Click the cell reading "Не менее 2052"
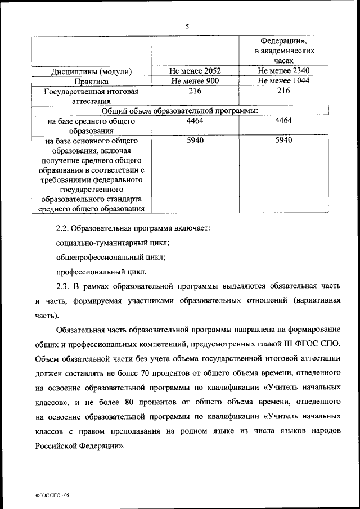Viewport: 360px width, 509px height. (195, 71)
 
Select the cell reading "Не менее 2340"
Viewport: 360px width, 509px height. (283, 71)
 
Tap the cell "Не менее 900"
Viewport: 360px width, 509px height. (195, 81)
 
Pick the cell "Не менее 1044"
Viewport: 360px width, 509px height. (283, 81)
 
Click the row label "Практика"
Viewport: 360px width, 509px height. (91, 82)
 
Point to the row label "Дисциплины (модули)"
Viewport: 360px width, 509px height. (91, 71)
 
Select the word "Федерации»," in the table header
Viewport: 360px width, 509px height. (283, 41)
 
